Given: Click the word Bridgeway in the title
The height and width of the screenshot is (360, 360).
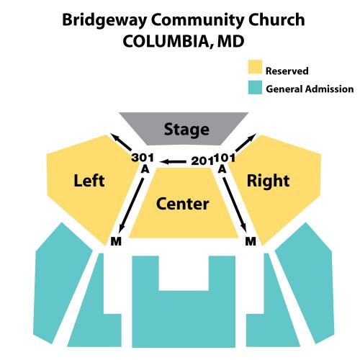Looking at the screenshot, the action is (x=104, y=20).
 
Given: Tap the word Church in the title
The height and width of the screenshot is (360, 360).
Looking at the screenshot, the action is (x=276, y=19).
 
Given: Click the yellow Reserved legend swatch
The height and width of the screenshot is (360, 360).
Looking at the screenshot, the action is (x=255, y=67).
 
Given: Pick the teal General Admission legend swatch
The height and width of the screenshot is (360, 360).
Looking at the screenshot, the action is (x=255, y=87).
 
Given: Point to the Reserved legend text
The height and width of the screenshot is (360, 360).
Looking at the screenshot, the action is (x=287, y=71).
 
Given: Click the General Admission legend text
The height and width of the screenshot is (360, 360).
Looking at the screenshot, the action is (x=310, y=89).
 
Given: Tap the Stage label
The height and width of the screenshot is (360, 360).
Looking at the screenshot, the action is (x=186, y=130).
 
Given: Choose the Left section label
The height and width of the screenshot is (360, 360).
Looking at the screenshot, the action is (x=89, y=181).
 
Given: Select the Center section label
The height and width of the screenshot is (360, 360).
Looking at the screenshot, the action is (x=182, y=204).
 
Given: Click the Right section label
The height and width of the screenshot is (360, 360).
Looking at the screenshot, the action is (x=268, y=181).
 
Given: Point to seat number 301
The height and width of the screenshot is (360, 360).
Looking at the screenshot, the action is (x=143, y=158).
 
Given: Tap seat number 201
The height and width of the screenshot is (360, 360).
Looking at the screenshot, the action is (x=202, y=161).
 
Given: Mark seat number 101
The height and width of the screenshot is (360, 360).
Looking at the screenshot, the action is (x=225, y=158).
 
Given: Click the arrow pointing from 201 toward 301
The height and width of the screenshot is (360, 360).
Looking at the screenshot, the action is (x=174, y=162).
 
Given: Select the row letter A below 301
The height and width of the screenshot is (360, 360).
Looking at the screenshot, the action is (x=145, y=168).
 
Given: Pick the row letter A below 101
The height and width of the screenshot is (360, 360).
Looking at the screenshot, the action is (x=222, y=168).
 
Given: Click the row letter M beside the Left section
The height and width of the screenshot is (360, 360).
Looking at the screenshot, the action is (x=116, y=241).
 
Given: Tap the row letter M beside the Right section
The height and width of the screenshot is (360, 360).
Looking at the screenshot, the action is (x=251, y=241).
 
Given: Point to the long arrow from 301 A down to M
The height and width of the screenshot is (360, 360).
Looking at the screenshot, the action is (x=132, y=204).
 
